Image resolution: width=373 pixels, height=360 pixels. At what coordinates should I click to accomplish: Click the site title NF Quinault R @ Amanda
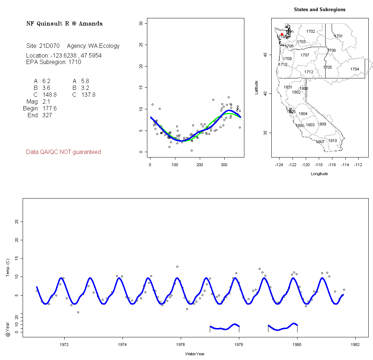pyautogui.click(x=64, y=24)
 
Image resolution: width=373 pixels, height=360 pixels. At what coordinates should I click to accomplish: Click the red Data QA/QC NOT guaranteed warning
pyautogui.click(x=64, y=152)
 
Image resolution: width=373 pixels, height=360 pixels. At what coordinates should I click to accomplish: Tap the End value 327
pyautogui.click(x=47, y=115)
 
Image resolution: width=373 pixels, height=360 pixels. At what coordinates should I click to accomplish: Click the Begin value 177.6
pyautogui.click(x=49, y=109)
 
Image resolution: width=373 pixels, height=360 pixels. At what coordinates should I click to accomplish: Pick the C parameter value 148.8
pyautogui.click(x=49, y=95)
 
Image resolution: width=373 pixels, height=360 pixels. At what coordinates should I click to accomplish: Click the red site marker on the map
pyautogui.click(x=282, y=34)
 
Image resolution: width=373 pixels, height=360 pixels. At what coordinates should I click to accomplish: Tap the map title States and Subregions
pyautogui.click(x=319, y=10)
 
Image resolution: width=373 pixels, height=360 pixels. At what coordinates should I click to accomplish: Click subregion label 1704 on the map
pyautogui.click(x=355, y=69)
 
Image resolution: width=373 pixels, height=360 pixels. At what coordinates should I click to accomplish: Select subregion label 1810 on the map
pyautogui.click(x=333, y=141)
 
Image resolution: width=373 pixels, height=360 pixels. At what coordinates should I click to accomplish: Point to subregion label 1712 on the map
pyautogui.click(x=309, y=72)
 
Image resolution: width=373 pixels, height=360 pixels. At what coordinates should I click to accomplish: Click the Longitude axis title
pyautogui.click(x=319, y=174)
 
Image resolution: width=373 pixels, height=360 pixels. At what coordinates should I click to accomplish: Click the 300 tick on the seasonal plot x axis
pyautogui.click(x=224, y=165)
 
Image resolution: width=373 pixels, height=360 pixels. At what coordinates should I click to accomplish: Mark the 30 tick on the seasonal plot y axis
pyautogui.click(x=141, y=23)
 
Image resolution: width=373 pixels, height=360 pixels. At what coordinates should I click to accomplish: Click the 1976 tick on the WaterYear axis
pyautogui.click(x=181, y=344)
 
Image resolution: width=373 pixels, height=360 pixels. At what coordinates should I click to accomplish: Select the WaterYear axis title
pyautogui.click(x=195, y=354)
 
